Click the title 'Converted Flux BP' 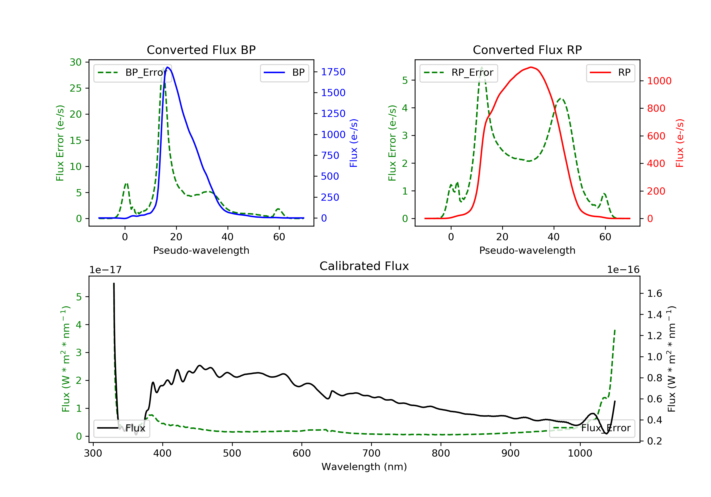click(201, 50)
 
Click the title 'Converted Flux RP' click(527, 50)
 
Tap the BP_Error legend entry click(132, 73)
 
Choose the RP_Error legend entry click(459, 73)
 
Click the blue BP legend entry click(284, 73)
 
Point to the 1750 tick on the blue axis click(333, 72)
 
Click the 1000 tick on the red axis click(659, 81)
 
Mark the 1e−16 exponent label click(623, 270)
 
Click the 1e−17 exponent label click(105, 270)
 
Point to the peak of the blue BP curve click(168, 67)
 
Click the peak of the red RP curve click(531, 67)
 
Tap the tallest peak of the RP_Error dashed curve click(482, 67)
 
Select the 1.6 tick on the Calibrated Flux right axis click(654, 293)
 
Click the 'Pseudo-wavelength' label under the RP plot click(527, 250)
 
